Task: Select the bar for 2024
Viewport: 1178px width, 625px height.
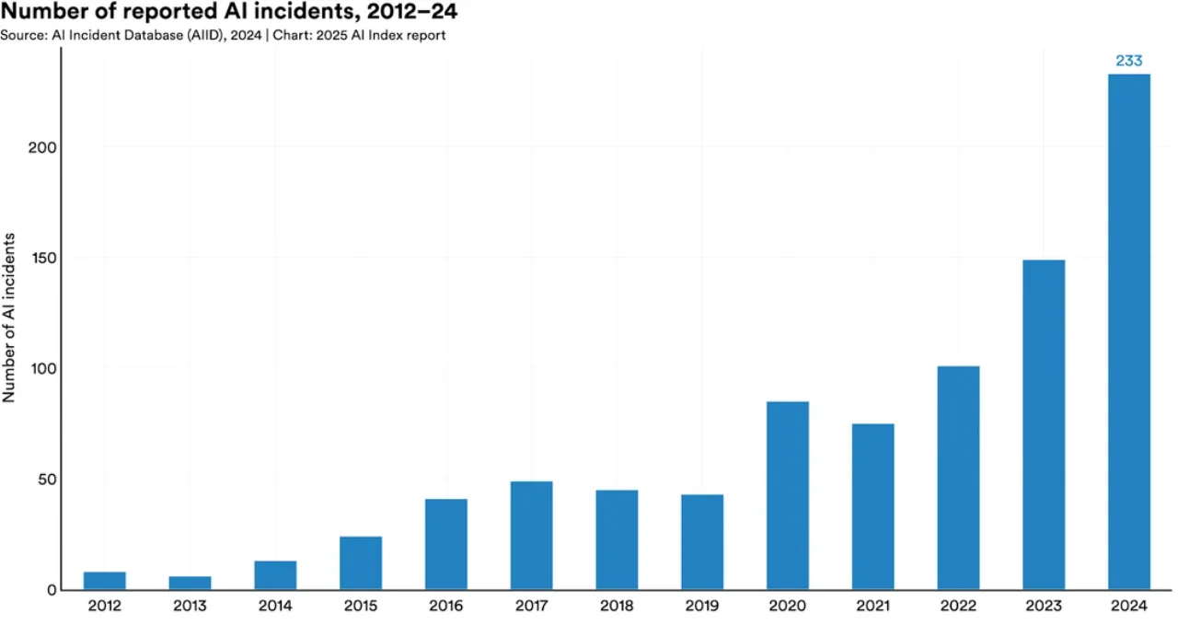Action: tap(1128, 332)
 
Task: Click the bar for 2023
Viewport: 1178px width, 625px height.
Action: tap(1044, 425)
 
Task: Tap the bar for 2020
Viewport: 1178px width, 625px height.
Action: tap(787, 496)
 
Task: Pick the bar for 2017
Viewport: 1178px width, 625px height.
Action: tap(531, 536)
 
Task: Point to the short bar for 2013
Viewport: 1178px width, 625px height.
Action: tap(190, 584)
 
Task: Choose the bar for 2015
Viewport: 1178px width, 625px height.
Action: tap(361, 563)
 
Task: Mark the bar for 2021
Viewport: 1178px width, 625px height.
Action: tap(872, 507)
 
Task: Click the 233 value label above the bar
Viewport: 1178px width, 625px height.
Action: tap(1128, 61)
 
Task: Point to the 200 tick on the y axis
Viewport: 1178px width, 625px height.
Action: tap(42, 148)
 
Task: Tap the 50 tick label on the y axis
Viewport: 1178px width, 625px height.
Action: tap(47, 480)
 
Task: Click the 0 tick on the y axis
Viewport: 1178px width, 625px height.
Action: tap(52, 590)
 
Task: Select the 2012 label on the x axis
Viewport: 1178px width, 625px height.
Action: tap(105, 606)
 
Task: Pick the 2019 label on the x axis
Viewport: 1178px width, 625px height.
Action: tap(702, 606)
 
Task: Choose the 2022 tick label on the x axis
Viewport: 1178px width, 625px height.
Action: tap(958, 606)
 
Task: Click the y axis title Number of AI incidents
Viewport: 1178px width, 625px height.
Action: tap(8, 318)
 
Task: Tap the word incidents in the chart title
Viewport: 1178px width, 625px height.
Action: tap(311, 11)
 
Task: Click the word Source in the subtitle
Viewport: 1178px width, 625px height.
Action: tap(24, 35)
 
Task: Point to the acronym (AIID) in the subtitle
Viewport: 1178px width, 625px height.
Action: tap(205, 35)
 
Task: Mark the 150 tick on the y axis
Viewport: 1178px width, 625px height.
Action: tap(43, 259)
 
